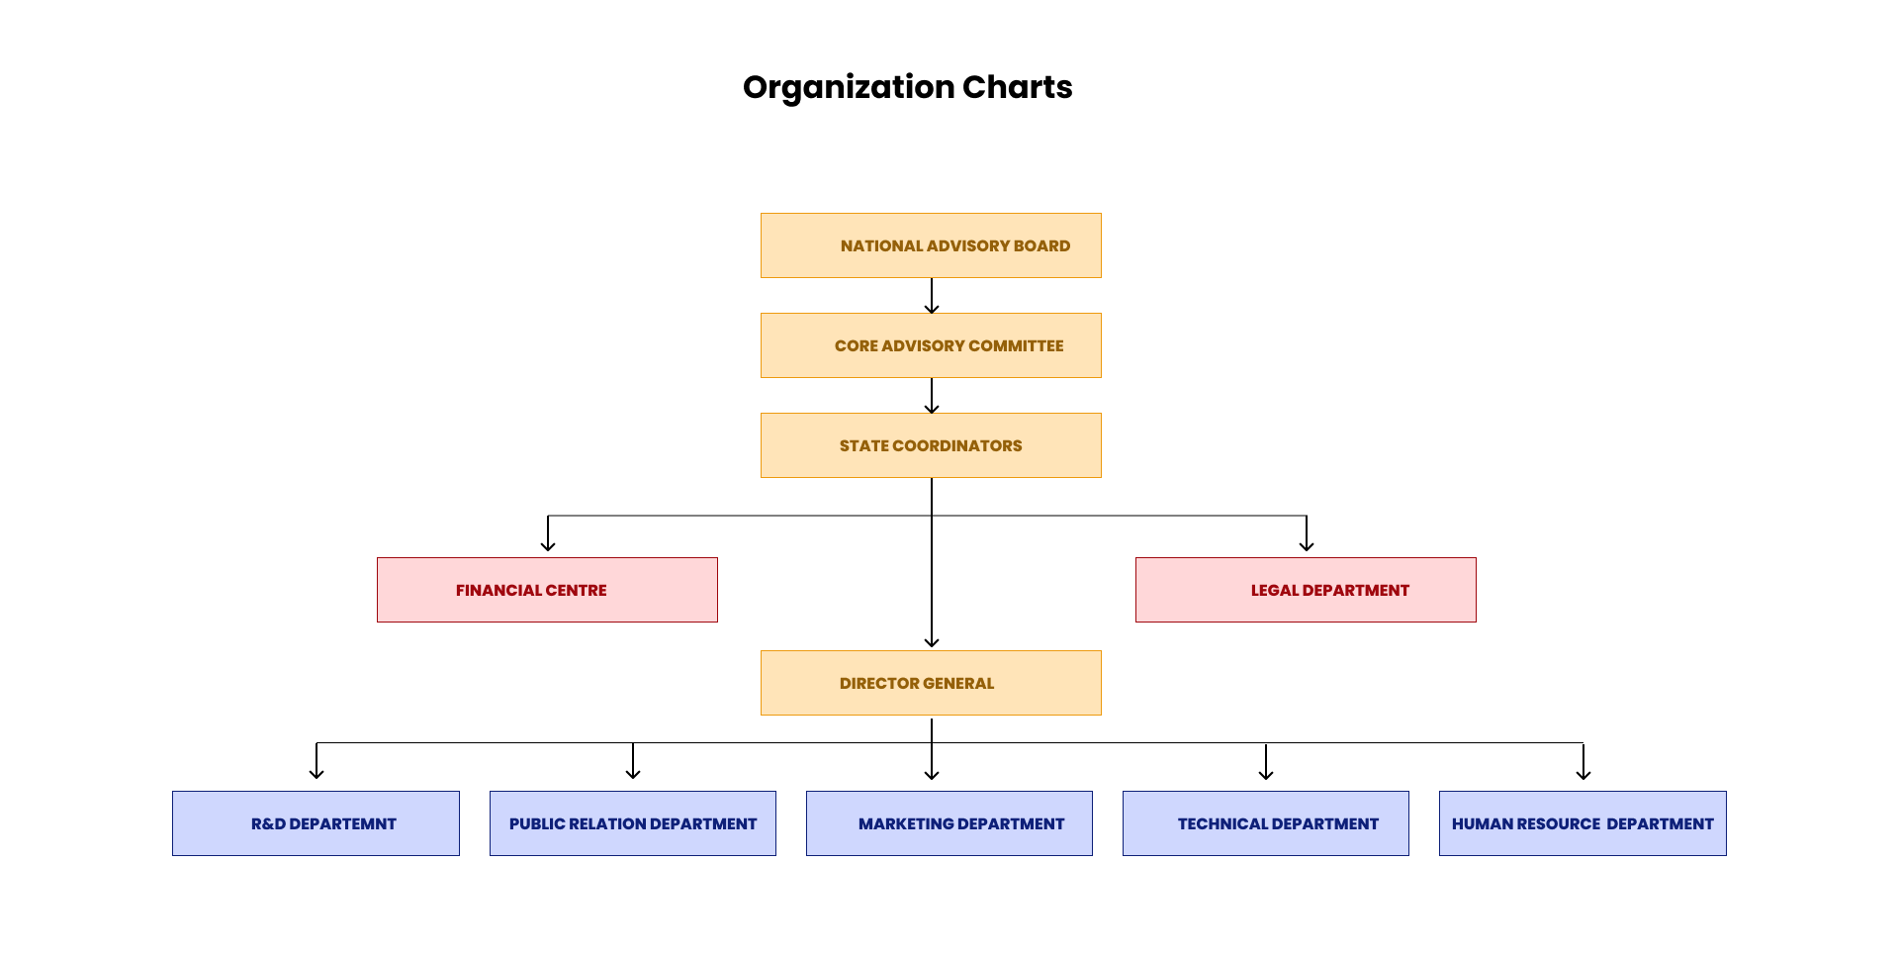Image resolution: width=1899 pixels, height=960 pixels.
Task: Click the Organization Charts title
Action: pos(907,87)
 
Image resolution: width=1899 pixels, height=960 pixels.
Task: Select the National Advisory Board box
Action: pos(931,245)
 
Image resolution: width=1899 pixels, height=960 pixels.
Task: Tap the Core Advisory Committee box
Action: pos(931,345)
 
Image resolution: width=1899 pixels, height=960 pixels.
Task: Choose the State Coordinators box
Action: pos(931,445)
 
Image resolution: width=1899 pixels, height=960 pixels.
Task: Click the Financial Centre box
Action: pos(547,590)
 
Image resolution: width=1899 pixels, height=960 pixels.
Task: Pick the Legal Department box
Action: pos(1306,590)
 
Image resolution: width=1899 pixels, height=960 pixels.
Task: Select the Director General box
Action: pos(931,683)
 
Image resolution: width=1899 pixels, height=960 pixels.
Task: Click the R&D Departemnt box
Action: pos(316,823)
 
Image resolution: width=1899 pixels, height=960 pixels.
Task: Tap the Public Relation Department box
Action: pos(633,823)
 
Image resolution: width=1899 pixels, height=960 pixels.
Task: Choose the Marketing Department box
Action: pos(949,823)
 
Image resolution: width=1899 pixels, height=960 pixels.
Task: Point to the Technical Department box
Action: pos(1266,823)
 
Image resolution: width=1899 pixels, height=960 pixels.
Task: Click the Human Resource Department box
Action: pos(1582,823)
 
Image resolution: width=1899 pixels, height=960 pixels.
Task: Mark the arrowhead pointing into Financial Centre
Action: pos(548,545)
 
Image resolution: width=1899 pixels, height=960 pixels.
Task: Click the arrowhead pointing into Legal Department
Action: pos(1307,545)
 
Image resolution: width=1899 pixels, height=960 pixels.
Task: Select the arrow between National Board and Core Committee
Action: pos(932,295)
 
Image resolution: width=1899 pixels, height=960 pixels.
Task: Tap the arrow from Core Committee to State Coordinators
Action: pos(932,395)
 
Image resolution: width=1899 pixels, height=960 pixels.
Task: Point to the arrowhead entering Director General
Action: pos(932,642)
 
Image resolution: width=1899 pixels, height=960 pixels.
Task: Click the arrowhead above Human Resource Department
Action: pos(1583,774)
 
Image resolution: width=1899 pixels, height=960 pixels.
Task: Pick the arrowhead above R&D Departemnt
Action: pos(316,774)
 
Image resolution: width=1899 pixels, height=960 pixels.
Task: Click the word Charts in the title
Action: pos(1017,87)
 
